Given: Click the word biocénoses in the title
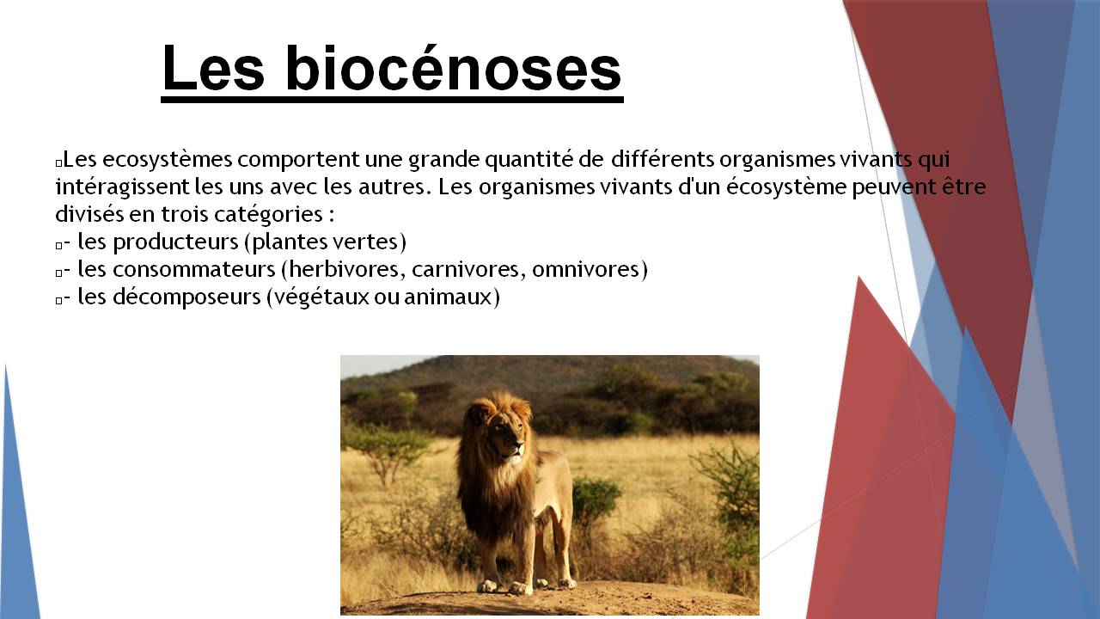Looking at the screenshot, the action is point(454,68).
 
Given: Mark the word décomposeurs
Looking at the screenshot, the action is point(186,297).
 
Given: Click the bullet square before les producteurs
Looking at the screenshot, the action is point(59,245).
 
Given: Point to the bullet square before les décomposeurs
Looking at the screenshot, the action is point(59,300).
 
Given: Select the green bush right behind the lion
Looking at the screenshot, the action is point(596,499).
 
